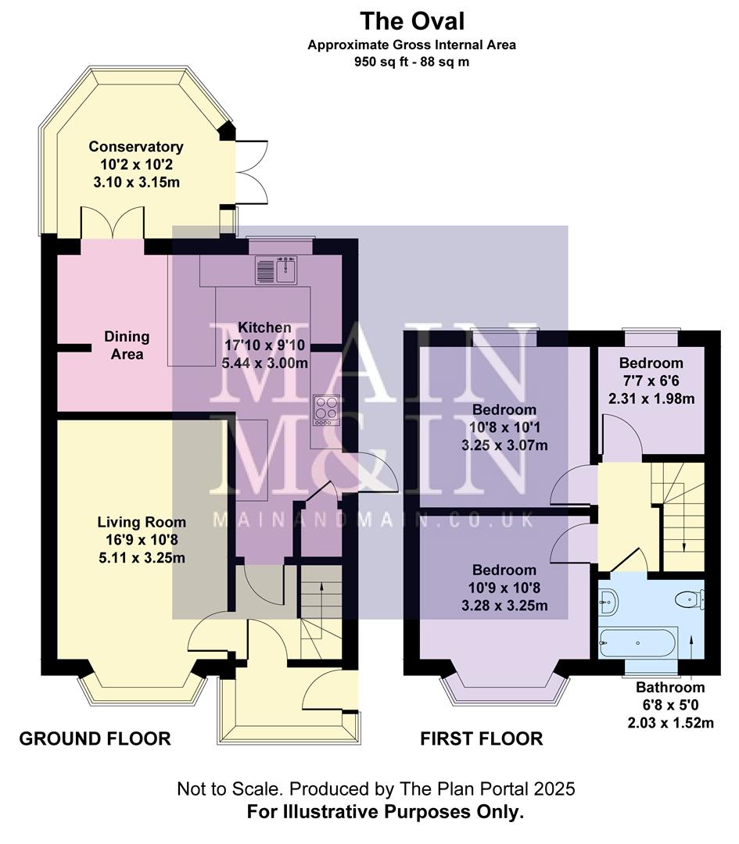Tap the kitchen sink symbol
point(274,270)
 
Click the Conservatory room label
point(135,147)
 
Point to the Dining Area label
point(127,345)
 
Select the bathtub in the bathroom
point(637,643)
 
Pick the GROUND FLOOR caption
point(95,738)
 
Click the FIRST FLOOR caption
point(481,738)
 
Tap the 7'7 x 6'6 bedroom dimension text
point(651,381)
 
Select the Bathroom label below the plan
point(669,688)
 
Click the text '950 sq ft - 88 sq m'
point(411,61)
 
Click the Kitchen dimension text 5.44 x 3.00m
point(262,363)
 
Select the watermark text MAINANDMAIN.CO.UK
point(373,520)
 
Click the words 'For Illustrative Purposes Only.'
point(385,812)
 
